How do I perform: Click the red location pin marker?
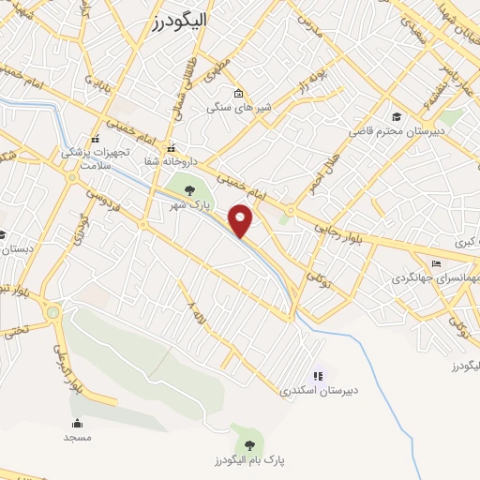tap(241, 218)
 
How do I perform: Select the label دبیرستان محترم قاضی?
tap(388, 130)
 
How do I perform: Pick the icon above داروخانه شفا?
tap(171, 148)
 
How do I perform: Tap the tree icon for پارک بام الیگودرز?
tap(248, 445)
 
